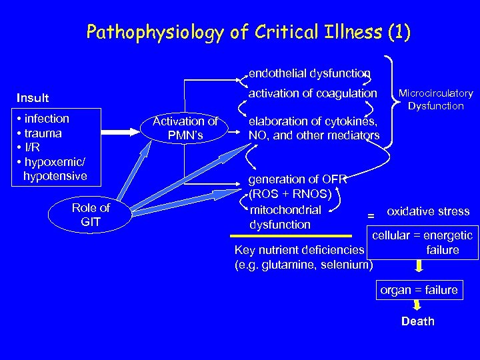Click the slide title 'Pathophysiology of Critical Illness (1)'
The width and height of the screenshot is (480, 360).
click(x=249, y=32)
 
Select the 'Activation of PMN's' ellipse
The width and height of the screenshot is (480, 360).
click(x=185, y=128)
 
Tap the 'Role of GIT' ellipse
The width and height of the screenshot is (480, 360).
click(x=90, y=215)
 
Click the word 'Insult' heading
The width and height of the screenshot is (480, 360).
click(x=33, y=98)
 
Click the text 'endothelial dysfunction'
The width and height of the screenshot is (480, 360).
click(x=309, y=73)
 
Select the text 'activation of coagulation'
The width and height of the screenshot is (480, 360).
click(x=313, y=93)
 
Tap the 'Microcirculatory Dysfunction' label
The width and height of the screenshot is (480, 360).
click(x=436, y=99)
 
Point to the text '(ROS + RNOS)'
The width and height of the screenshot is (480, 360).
click(x=290, y=194)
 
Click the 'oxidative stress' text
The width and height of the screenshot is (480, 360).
click(x=428, y=211)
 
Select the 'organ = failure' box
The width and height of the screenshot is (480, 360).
click(x=419, y=290)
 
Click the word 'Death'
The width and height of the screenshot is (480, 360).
click(x=417, y=321)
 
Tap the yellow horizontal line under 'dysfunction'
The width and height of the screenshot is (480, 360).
click(x=291, y=236)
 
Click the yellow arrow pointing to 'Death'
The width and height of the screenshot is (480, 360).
click(x=417, y=305)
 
